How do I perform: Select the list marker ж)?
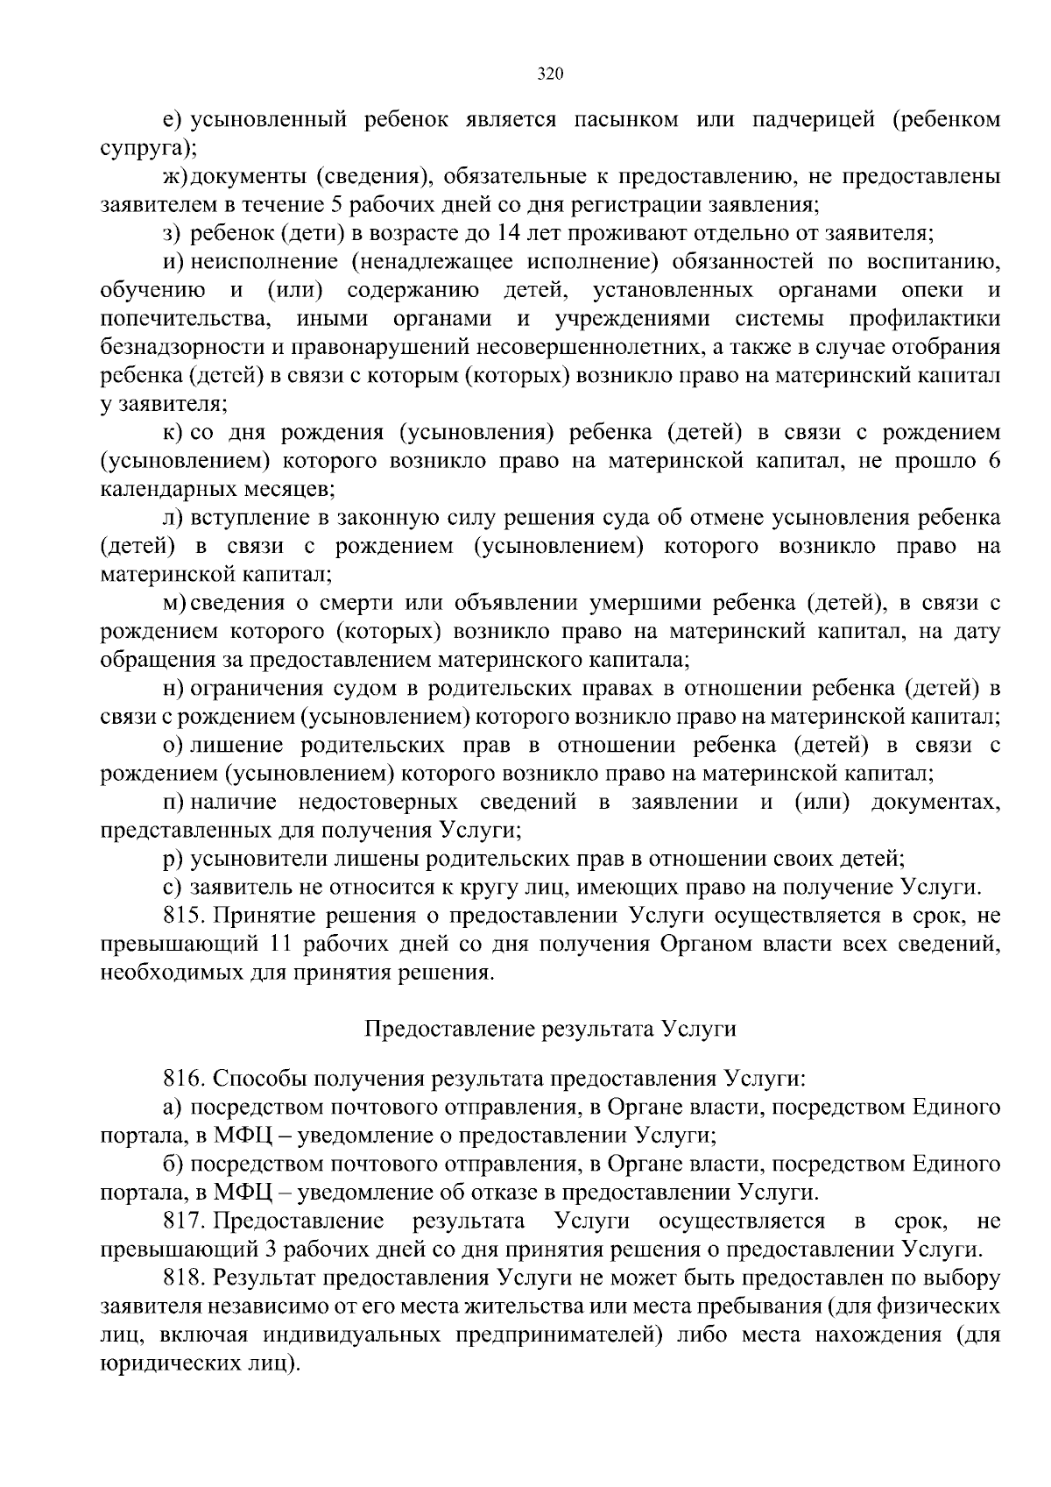tap(174, 177)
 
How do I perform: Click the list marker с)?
tap(172, 888)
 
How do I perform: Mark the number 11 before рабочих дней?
tap(273, 945)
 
